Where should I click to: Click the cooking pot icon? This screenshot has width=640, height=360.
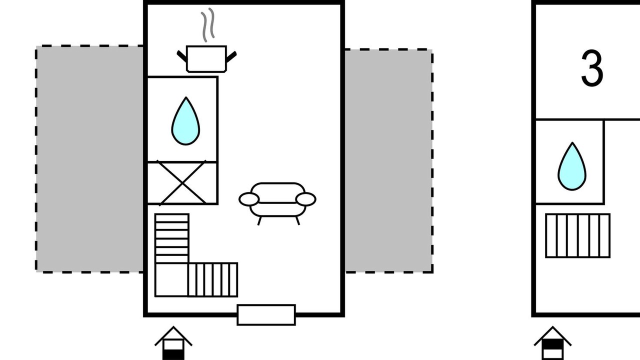(x=206, y=59)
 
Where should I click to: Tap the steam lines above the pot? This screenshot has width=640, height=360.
(x=207, y=24)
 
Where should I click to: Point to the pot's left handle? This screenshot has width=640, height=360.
(x=182, y=56)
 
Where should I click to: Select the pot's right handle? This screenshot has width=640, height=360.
(x=231, y=56)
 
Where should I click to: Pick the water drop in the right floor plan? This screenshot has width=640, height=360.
(x=572, y=167)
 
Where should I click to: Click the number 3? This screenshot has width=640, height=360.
(x=592, y=69)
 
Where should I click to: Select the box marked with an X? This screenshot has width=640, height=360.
(x=182, y=183)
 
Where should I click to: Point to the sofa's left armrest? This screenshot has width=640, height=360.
(x=248, y=199)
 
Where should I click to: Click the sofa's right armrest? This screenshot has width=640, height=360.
(x=306, y=199)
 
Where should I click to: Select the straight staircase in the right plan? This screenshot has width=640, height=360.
(x=577, y=235)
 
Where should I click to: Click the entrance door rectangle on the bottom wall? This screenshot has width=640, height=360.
(x=266, y=315)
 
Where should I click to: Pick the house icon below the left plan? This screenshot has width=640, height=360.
(x=173, y=343)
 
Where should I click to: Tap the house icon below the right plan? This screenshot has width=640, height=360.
(x=552, y=343)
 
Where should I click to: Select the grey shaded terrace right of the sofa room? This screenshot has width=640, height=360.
(x=388, y=160)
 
